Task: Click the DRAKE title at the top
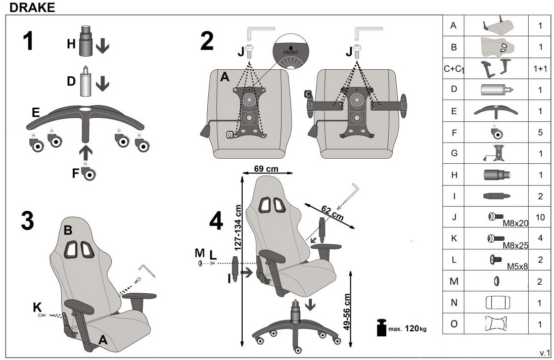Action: (x=32, y=8)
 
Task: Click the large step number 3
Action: (x=28, y=221)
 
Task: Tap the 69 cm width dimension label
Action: (x=266, y=168)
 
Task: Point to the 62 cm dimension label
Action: (x=332, y=213)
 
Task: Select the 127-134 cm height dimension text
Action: (x=238, y=228)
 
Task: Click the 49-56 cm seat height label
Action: (x=347, y=312)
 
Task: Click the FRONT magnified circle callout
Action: (x=291, y=52)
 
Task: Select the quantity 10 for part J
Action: (x=540, y=217)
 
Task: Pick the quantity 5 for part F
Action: (x=540, y=132)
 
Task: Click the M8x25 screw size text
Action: (x=516, y=245)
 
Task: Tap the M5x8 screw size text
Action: (x=517, y=266)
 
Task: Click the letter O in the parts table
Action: (x=454, y=324)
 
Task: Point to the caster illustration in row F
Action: (x=496, y=132)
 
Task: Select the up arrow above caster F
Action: (x=85, y=153)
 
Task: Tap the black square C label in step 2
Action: (x=308, y=94)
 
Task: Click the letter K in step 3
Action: (x=37, y=307)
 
